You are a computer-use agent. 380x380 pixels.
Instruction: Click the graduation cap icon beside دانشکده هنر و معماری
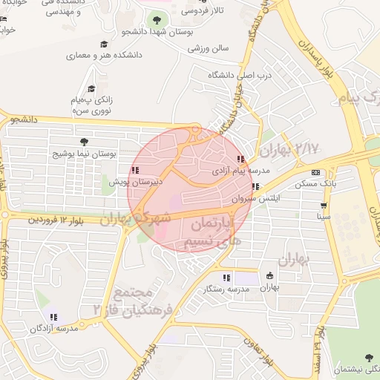(x=103, y=44)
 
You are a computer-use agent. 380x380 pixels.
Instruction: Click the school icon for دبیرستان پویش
(x=134, y=170)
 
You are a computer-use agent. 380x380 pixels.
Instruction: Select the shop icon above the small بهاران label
(x=269, y=276)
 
